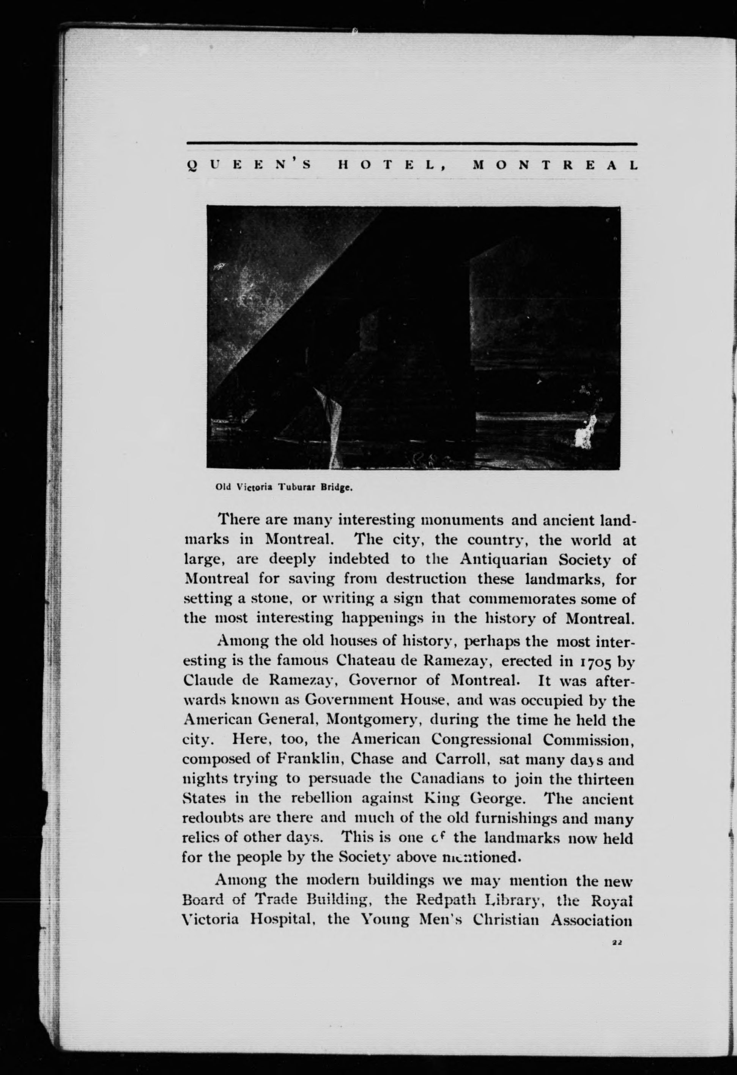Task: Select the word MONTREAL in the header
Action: (x=554, y=165)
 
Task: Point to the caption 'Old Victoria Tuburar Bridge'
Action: (x=284, y=487)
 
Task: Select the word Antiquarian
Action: (x=504, y=559)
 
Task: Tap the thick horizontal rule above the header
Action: (x=411, y=144)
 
